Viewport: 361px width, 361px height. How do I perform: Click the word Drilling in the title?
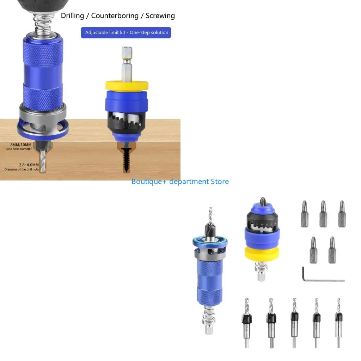click(72, 16)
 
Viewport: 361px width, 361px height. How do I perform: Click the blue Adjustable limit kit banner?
click(126, 32)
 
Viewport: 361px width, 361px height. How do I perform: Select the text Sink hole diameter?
click(19, 149)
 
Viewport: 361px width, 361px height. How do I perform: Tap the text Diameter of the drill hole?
click(21, 170)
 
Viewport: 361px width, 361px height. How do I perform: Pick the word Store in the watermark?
click(220, 182)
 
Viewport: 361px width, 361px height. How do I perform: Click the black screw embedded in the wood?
click(127, 160)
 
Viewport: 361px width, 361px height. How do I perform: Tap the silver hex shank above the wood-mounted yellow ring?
click(127, 65)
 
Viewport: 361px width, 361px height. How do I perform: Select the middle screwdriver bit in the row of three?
click(323, 214)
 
